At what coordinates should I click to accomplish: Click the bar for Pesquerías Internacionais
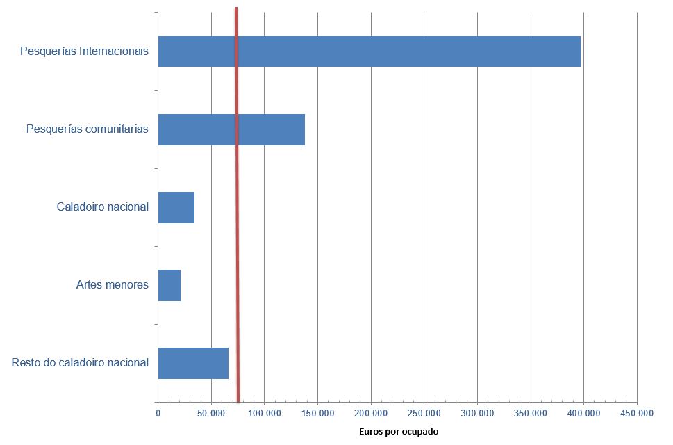[369, 51]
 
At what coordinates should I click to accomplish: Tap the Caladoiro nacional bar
[176, 207]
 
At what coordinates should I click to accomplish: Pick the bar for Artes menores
[169, 285]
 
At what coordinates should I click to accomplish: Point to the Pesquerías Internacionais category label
[84, 51]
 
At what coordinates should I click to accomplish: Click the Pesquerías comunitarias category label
[87, 129]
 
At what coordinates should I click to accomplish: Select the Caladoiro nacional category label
[102, 207]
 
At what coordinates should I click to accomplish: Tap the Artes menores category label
[112, 285]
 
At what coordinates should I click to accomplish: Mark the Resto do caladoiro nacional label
[80, 363]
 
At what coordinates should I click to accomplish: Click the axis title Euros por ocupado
[399, 432]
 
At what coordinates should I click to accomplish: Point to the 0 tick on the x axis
[158, 413]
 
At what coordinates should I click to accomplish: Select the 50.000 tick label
[211, 413]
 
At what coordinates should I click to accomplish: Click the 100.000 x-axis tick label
[264, 413]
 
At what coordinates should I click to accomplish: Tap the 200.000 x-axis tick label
[371, 413]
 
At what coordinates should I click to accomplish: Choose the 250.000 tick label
[424, 413]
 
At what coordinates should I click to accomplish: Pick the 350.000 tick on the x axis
[531, 413]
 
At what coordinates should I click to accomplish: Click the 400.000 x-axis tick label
[583, 413]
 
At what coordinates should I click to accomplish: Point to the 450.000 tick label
[637, 413]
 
